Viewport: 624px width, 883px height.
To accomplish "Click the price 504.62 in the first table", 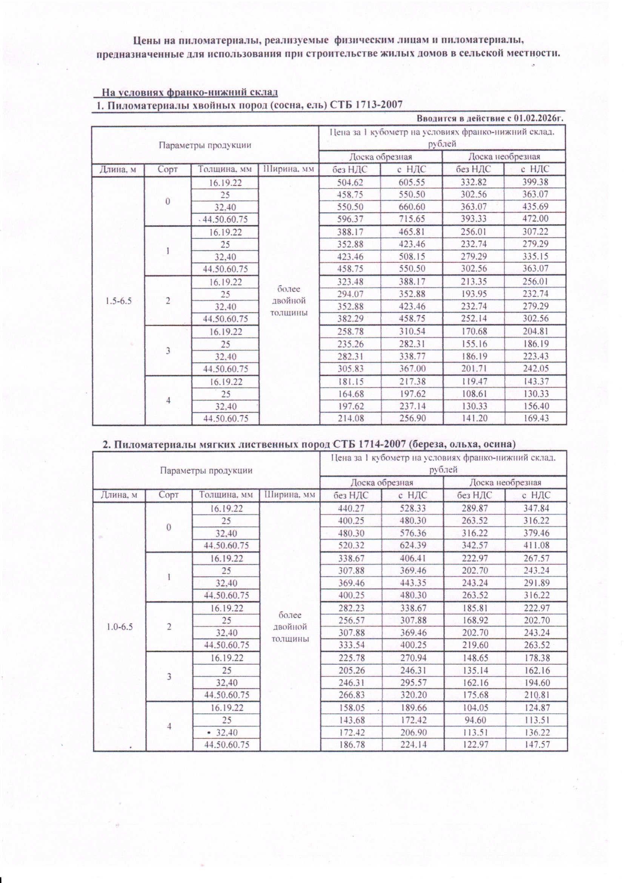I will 350,182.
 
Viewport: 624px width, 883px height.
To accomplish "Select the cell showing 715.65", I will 411,219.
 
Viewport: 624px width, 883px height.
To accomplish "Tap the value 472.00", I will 535,219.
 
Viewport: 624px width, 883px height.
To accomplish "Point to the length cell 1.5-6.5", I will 118,301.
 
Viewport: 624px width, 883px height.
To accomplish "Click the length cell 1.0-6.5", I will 120,627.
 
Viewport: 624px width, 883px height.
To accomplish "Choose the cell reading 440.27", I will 351,508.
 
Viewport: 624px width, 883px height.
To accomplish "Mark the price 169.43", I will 535,418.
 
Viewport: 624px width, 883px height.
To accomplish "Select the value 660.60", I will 411,207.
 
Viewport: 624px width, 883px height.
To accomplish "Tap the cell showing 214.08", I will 350,418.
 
